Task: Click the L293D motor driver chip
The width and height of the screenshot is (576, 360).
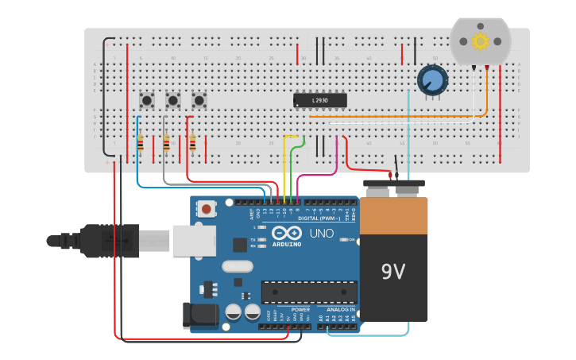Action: click(x=320, y=100)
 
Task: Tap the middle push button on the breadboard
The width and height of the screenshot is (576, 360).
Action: click(x=172, y=100)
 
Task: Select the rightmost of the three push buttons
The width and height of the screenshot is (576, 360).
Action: click(x=199, y=100)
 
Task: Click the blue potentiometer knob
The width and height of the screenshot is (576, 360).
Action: click(x=432, y=79)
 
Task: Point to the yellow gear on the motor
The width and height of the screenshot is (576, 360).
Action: click(x=479, y=41)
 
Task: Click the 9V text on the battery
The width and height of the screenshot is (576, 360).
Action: click(x=392, y=273)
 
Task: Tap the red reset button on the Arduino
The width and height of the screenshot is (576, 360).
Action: click(x=207, y=209)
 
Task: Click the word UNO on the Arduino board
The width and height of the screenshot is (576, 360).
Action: click(x=321, y=234)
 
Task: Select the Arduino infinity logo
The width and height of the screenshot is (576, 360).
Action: click(x=286, y=233)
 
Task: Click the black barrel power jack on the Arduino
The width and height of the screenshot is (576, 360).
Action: click(x=200, y=315)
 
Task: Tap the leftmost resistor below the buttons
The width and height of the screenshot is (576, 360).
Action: click(x=141, y=144)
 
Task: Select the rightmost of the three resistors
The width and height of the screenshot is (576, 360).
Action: click(x=192, y=143)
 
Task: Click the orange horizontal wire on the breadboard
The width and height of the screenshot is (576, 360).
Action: click(x=397, y=117)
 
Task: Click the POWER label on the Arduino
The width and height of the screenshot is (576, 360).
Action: click(x=300, y=309)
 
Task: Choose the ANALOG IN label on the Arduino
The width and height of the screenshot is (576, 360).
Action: click(x=340, y=309)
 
